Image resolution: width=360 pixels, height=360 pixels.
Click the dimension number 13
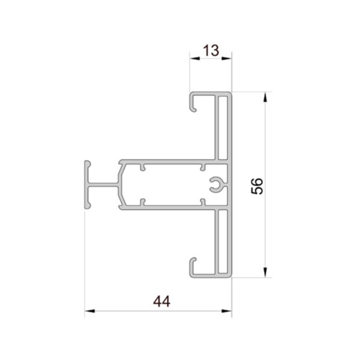[x=211, y=50]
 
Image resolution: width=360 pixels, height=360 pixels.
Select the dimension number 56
[x=257, y=186]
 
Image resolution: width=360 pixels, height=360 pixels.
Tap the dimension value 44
[x=162, y=301]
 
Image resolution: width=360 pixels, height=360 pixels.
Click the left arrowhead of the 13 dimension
[x=194, y=59]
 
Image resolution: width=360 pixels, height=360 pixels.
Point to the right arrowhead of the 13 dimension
[x=227, y=59]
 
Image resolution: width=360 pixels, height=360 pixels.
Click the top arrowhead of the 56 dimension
[x=265, y=97]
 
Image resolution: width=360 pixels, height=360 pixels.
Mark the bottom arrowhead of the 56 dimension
[x=265, y=272]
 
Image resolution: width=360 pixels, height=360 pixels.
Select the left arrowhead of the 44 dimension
[x=90, y=311]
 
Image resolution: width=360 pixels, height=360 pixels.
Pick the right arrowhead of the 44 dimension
[x=227, y=311]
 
